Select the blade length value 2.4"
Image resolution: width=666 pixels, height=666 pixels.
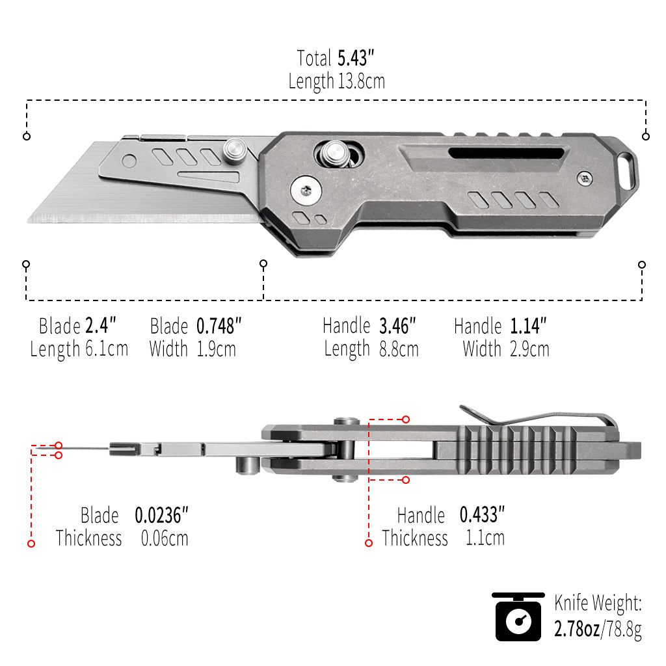101,325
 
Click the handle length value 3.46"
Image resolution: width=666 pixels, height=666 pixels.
397,326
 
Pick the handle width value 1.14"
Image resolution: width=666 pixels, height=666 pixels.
528,326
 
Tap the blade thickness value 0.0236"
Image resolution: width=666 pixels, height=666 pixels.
161,516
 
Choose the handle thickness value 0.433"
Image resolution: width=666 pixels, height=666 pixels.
482,516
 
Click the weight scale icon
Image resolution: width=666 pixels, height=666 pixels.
518,617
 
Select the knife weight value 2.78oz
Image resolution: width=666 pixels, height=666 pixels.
577,630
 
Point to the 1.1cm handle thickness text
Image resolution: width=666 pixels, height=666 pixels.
485,539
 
